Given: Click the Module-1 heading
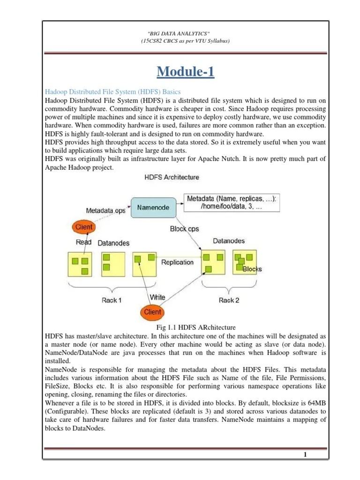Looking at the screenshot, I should point(185,72).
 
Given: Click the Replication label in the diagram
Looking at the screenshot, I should point(177,262).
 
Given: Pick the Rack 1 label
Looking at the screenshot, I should point(112,300).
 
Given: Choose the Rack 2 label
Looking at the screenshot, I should point(229,300).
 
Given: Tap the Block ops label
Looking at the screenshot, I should point(184,229).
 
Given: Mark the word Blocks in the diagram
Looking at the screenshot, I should point(252,269).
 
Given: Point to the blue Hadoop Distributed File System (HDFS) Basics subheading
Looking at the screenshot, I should point(112,91).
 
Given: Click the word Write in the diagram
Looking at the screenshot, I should point(157,297).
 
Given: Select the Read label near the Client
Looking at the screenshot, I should point(83,243).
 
